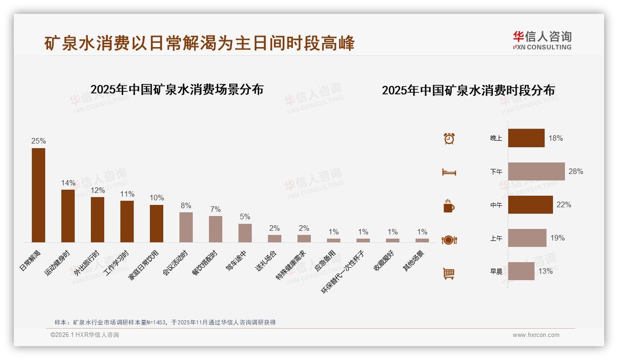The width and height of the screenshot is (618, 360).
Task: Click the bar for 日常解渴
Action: coord(38,195)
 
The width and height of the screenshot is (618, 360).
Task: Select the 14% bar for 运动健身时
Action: coord(68,216)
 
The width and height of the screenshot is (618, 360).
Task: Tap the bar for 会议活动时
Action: coord(186,227)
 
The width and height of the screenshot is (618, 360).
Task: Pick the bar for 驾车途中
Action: coord(245,233)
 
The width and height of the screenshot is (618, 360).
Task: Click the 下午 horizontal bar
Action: coord(536,171)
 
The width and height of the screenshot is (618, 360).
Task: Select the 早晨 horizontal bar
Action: coord(521,271)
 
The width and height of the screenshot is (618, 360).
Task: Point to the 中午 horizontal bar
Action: coord(530,204)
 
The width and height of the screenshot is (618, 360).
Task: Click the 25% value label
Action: coord(38,141)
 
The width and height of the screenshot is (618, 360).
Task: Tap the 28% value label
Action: coord(576,171)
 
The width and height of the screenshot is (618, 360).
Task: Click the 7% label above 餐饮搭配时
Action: coord(215,209)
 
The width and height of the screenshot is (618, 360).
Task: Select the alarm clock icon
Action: coord(449,138)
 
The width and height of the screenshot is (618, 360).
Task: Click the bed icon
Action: coord(449,172)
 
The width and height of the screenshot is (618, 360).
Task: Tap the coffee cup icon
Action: coord(449,206)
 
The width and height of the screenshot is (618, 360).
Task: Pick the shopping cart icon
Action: coord(449,273)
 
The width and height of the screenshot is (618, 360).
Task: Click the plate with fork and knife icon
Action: coord(449,240)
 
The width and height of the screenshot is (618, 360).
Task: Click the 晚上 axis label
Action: coord(496,138)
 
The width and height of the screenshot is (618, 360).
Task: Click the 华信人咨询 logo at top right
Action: coord(542,40)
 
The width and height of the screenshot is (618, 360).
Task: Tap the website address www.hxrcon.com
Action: coord(536,335)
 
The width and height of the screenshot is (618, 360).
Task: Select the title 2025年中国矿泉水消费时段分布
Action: coord(468,90)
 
